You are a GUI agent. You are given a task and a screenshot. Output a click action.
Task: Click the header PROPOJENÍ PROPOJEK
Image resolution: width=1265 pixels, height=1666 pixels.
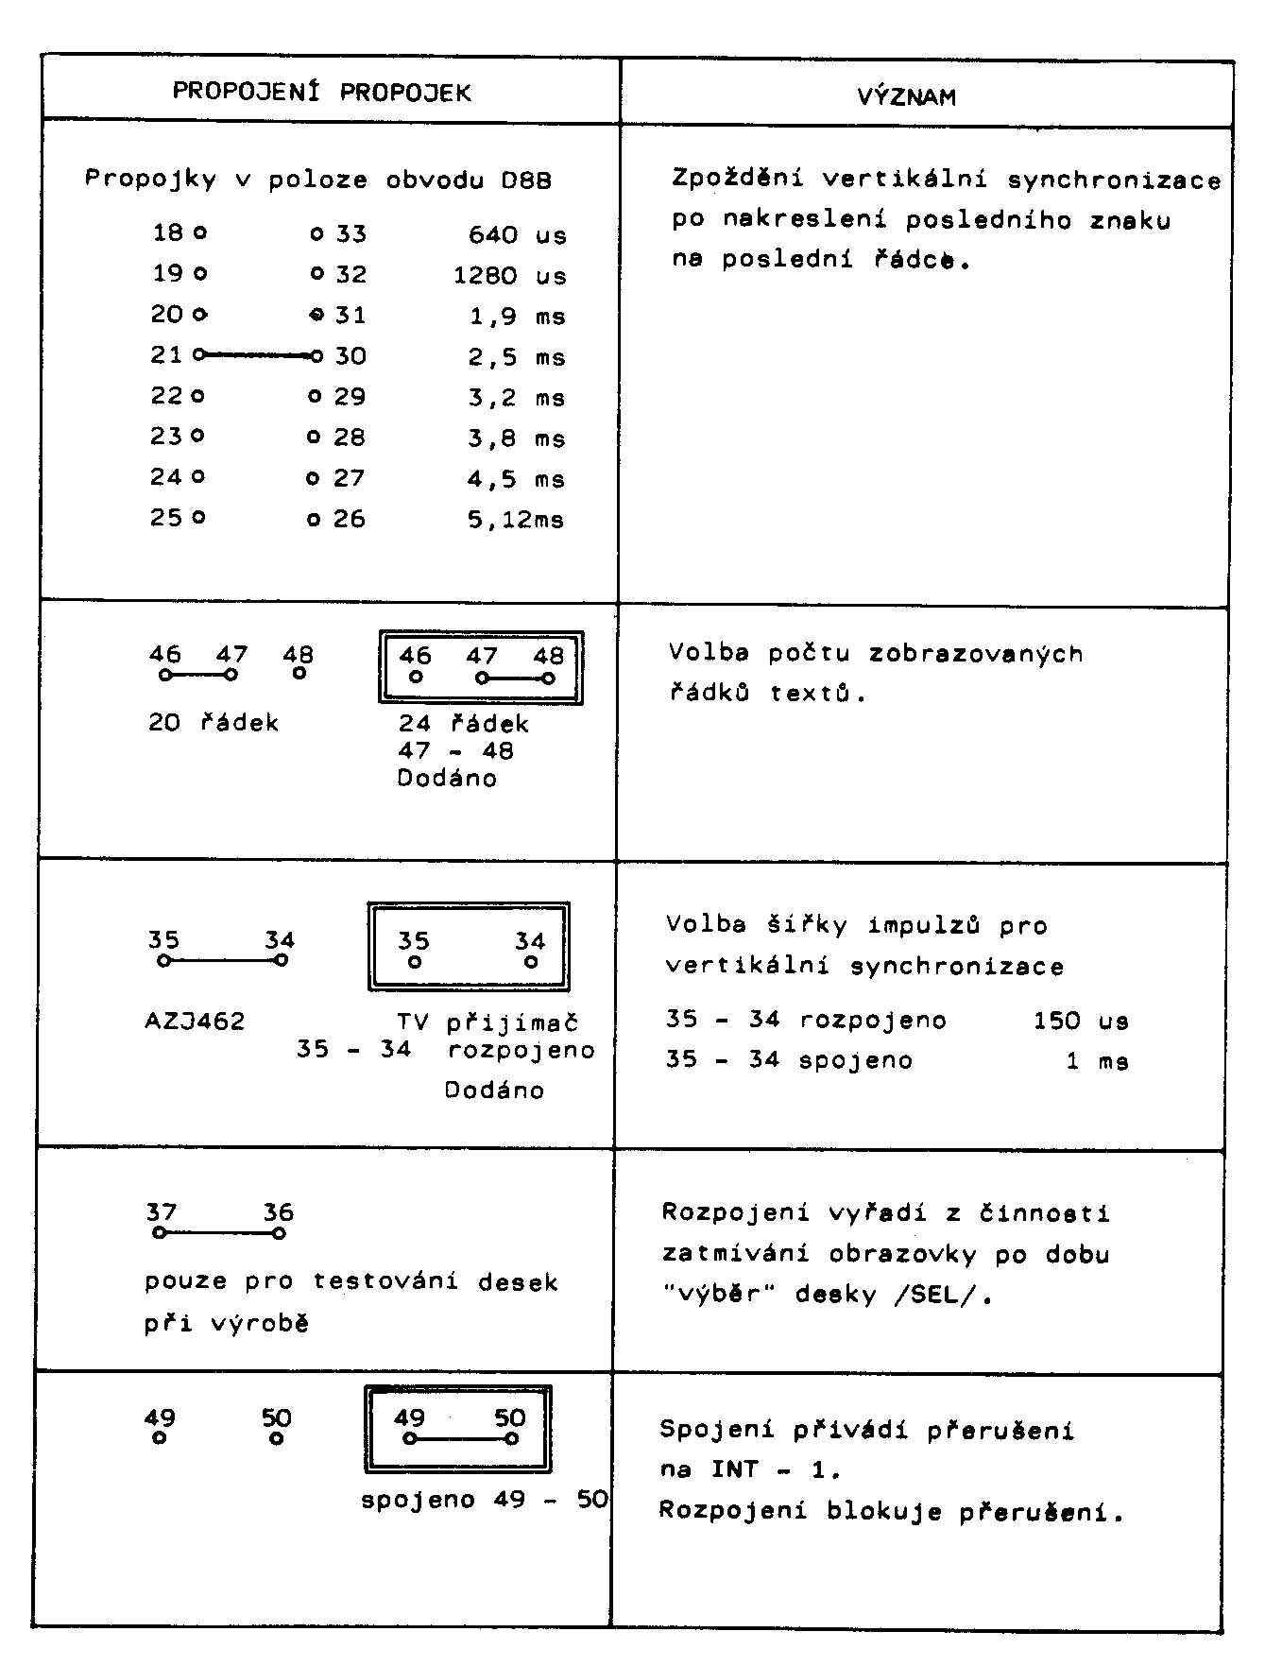tap(321, 92)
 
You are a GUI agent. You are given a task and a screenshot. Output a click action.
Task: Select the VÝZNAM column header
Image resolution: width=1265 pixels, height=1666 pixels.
tap(906, 96)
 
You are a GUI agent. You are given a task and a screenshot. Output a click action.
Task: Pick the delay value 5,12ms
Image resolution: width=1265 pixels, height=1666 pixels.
tap(516, 519)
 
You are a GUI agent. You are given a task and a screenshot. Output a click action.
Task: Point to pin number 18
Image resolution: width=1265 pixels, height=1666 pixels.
tap(167, 232)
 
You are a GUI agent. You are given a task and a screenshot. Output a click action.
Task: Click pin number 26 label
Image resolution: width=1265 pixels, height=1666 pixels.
tap(350, 518)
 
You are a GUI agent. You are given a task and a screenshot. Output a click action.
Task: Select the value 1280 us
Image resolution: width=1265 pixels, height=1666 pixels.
tap(509, 275)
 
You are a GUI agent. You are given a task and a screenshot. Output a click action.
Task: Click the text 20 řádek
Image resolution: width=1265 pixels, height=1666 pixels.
tap(214, 723)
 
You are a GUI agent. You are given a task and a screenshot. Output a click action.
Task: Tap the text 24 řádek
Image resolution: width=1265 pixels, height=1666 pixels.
tap(463, 724)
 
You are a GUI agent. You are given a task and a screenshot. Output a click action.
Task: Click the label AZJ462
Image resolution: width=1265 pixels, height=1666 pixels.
tap(195, 1022)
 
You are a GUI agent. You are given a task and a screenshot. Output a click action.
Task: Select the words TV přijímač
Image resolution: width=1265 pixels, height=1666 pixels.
tap(487, 1022)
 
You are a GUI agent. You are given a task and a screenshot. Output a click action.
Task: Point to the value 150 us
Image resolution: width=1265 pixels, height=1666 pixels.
tap(1081, 1021)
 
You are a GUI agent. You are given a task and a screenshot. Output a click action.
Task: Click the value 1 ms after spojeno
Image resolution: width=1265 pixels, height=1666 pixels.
tap(1097, 1061)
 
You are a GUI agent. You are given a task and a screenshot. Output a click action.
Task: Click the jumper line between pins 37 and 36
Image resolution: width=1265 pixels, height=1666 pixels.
tap(218, 1232)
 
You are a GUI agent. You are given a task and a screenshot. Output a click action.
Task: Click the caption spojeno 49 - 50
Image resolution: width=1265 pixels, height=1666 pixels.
tap(485, 1500)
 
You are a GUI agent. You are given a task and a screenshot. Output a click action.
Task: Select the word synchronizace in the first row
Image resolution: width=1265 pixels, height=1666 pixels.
tap(1114, 180)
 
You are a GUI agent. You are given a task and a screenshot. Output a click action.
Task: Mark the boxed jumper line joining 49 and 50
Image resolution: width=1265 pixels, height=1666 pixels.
tap(460, 1439)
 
